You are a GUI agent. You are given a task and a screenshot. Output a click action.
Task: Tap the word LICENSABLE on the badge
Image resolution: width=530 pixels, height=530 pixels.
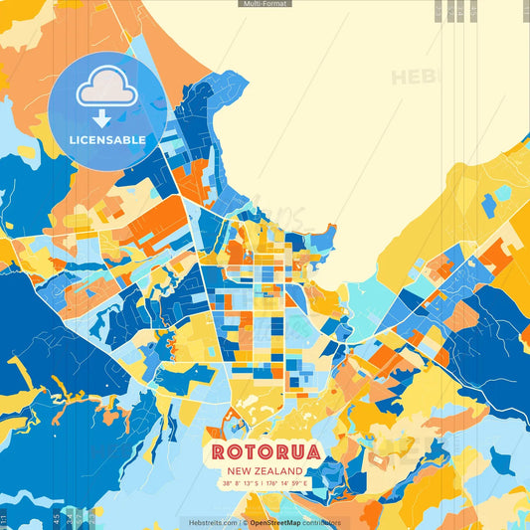pyautogui.click(x=106, y=140)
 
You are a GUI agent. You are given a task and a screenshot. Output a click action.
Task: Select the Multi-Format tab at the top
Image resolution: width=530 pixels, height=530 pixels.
pyautogui.click(x=265, y=4)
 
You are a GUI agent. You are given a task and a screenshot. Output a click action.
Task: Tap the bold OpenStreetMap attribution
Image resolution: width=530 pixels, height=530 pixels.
pyautogui.click(x=276, y=521)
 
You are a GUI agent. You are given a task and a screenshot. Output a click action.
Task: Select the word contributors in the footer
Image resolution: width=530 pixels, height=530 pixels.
pyautogui.click(x=322, y=521)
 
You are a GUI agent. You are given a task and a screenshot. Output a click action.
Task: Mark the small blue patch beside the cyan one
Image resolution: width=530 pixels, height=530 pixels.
pyautogui.click(x=489, y=206)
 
